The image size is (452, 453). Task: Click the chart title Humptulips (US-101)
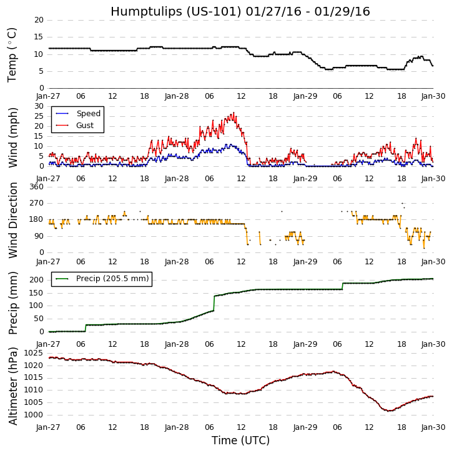pyautogui.click(x=240, y=11)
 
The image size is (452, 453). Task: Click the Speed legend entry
pyautogui.click(x=88, y=114)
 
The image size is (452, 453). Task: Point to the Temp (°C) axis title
pyautogui.click(x=12, y=54)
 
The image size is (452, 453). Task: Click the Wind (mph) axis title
pyautogui.click(x=12, y=137)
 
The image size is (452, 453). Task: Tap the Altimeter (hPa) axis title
pyautogui.click(x=12, y=386)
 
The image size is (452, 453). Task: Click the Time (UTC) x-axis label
pyautogui.click(x=240, y=441)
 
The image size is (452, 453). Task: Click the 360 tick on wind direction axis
pyautogui.click(x=37, y=187)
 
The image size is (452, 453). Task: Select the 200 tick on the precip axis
pyautogui.click(x=37, y=279)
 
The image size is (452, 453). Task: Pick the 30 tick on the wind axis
pyautogui.click(x=39, y=106)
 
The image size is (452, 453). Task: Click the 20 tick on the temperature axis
pyautogui.click(x=39, y=20)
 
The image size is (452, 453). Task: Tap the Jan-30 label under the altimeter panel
pyautogui.click(x=433, y=427)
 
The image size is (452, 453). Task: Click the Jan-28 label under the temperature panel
pyautogui.click(x=177, y=96)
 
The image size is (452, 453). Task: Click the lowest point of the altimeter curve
pyautogui.click(x=389, y=411)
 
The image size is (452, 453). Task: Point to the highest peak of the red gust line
pyautogui.click(x=233, y=113)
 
